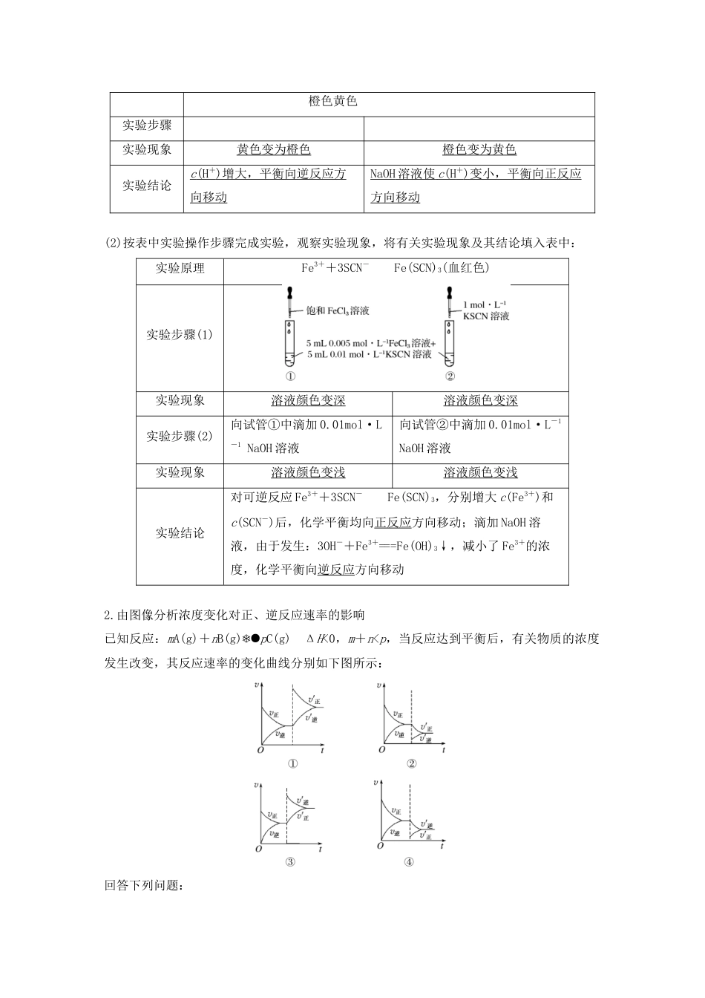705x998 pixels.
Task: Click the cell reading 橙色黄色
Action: [x=333, y=101]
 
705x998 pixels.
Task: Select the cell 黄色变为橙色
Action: [x=273, y=149]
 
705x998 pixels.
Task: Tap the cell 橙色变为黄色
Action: [x=479, y=149]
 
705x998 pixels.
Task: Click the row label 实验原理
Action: [x=180, y=268]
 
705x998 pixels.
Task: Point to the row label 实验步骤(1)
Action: [x=180, y=334]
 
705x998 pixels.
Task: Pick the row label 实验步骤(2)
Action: [x=180, y=436]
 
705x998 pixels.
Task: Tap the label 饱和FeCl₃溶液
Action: [x=338, y=310]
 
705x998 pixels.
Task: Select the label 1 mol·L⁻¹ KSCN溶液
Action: [x=485, y=310]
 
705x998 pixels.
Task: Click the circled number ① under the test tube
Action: [x=290, y=376]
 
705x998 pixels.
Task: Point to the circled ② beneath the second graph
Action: [x=412, y=764]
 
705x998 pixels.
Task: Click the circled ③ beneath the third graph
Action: [x=290, y=861]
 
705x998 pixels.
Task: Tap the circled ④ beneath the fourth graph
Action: [x=409, y=861]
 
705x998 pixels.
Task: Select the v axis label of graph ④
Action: [x=376, y=782]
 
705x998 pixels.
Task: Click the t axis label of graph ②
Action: [x=443, y=751]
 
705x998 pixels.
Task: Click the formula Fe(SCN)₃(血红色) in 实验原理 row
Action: [x=442, y=268]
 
